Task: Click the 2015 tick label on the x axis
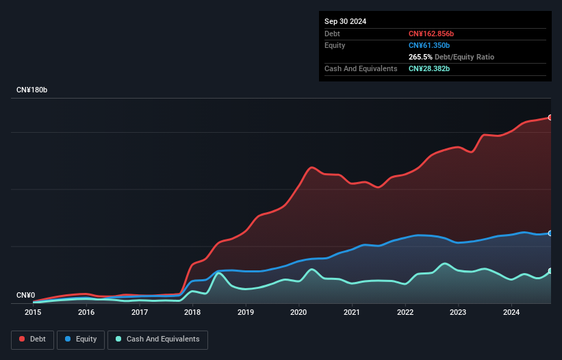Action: [x=33, y=312]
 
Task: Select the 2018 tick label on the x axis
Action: [x=192, y=312]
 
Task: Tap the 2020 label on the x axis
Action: [x=298, y=312]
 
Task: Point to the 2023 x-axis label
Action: [x=458, y=312]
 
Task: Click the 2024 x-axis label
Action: [x=511, y=312]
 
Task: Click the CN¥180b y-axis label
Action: [x=31, y=90]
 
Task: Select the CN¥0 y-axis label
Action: [x=25, y=296]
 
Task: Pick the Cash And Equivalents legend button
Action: [x=157, y=339]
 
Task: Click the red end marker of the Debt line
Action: [x=550, y=118]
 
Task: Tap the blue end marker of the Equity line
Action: [x=550, y=233]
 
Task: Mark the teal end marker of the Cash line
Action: [x=550, y=271]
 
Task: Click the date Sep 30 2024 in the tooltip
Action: [x=345, y=21]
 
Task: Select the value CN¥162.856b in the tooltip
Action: [x=431, y=34]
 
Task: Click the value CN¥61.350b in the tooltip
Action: [x=429, y=45]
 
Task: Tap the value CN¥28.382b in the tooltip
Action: [x=429, y=69]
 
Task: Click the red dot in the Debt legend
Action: [x=22, y=339]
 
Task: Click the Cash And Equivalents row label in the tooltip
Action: [x=361, y=69]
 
